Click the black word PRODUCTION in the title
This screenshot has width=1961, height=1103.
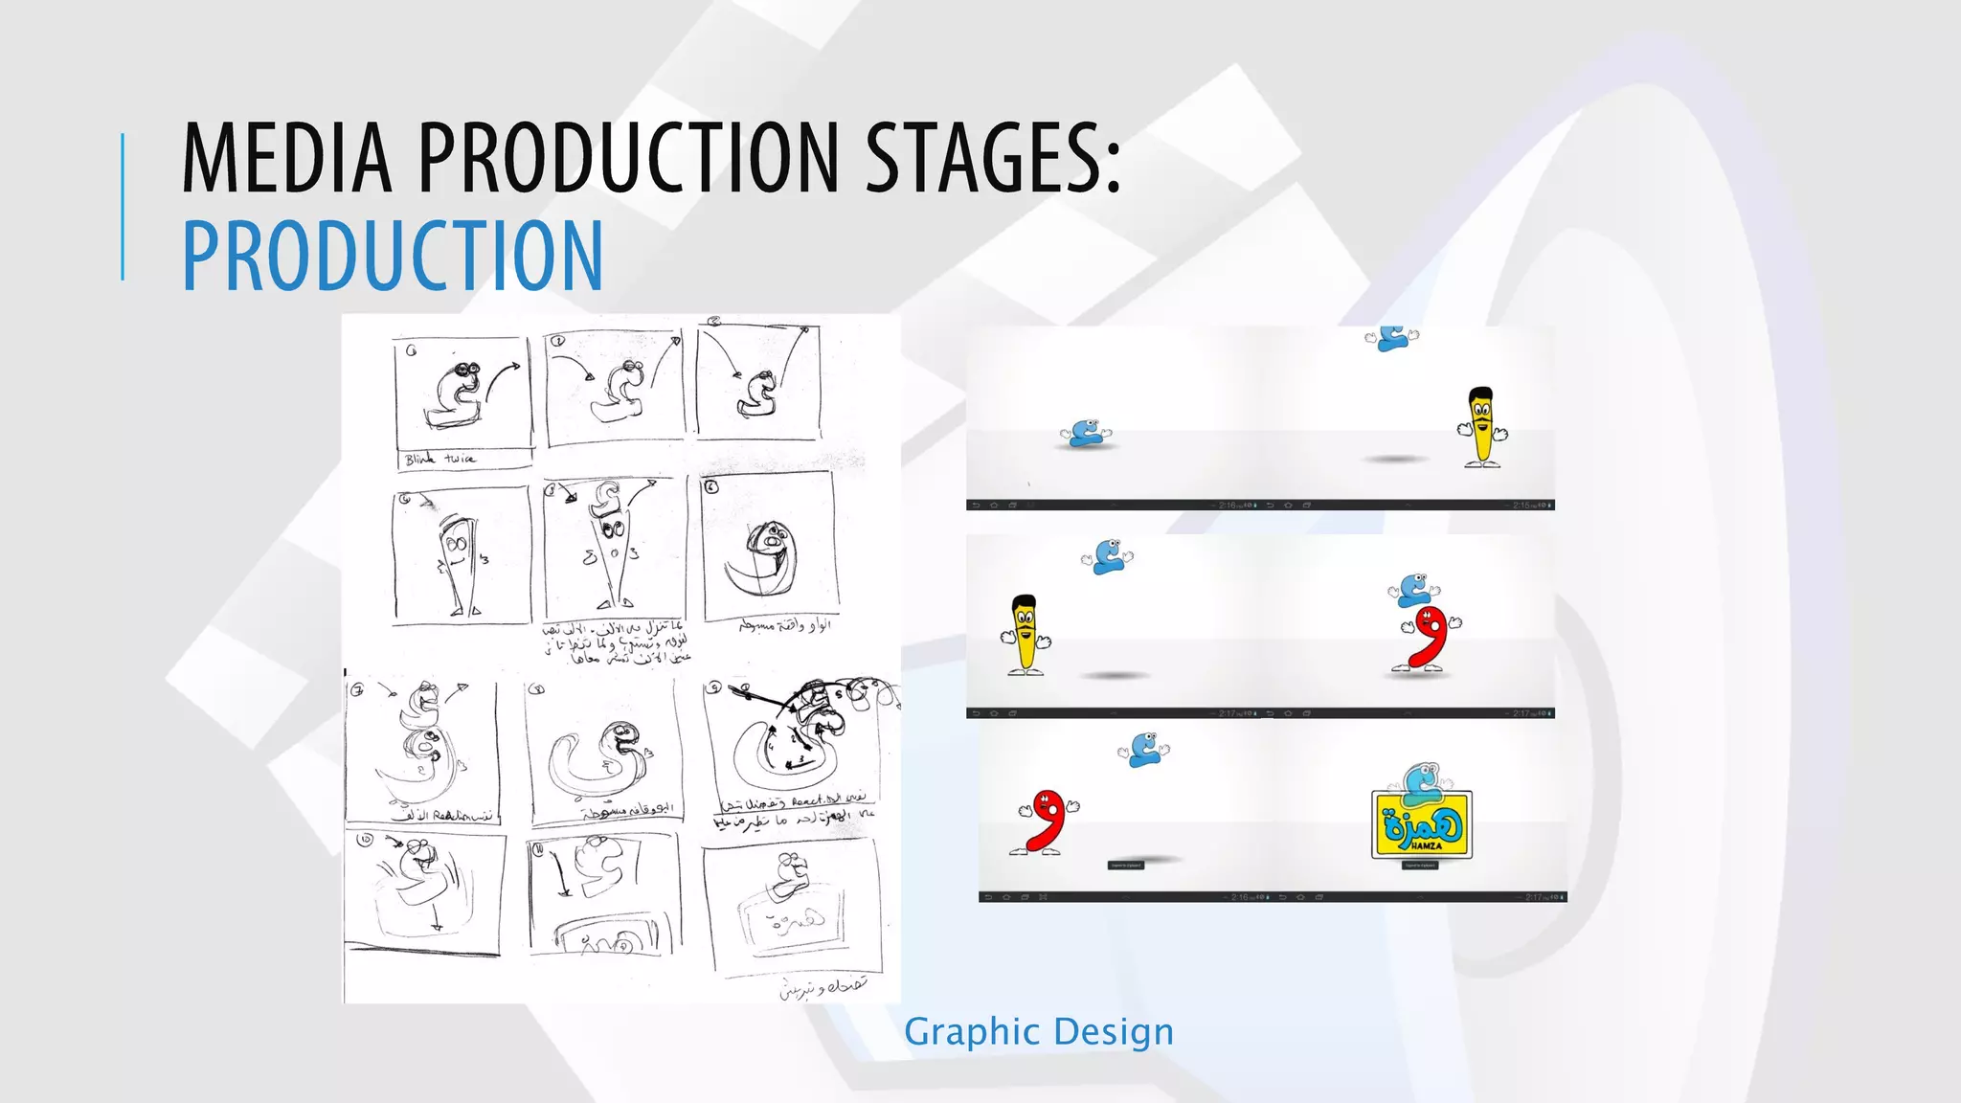(628, 157)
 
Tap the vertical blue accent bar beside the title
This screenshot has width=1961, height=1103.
(123, 206)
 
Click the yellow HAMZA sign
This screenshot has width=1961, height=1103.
(1422, 823)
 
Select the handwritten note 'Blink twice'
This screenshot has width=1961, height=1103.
(440, 460)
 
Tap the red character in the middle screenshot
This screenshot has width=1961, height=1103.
(1429, 638)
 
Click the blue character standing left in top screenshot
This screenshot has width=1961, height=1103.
(1085, 434)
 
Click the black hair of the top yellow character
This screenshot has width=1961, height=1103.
(1480, 394)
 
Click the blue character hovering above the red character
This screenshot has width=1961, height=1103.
(1413, 589)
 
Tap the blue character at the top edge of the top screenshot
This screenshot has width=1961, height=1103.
(1394, 338)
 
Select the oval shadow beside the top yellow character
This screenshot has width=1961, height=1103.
(1395, 460)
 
